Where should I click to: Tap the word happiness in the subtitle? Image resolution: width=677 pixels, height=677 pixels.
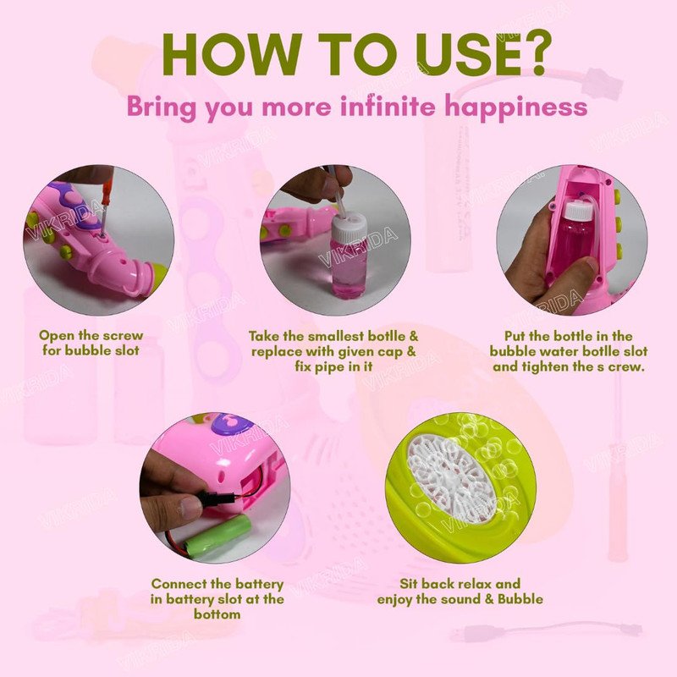click(x=516, y=107)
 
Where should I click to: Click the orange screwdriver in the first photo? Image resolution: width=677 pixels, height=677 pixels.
click(x=107, y=203)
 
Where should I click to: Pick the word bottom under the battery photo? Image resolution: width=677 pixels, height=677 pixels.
click(x=217, y=614)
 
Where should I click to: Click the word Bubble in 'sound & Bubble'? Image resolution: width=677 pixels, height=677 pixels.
click(x=520, y=599)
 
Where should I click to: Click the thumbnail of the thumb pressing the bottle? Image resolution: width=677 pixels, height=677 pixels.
click(x=572, y=240)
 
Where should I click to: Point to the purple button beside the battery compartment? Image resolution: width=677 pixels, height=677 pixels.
click(x=237, y=421)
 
